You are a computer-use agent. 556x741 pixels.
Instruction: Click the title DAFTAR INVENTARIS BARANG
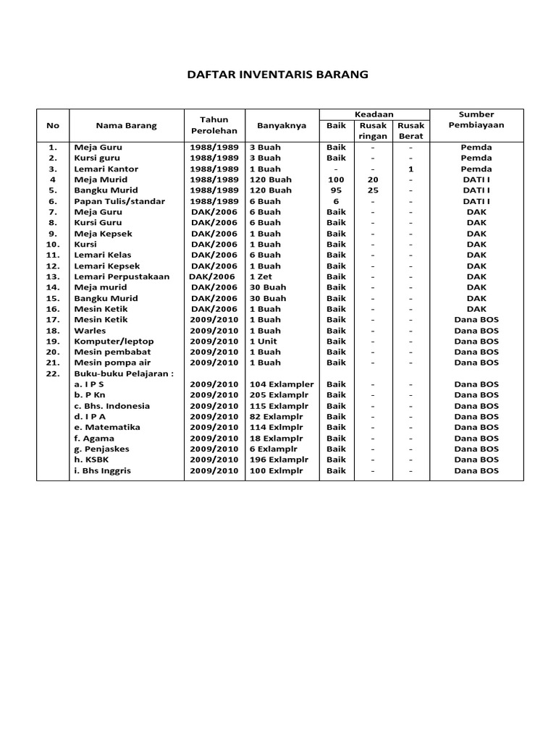(x=278, y=75)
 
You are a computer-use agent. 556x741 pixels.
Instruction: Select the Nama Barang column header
(x=126, y=125)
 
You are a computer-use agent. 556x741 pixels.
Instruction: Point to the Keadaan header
(x=374, y=114)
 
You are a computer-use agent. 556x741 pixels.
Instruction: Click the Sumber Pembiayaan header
(x=476, y=119)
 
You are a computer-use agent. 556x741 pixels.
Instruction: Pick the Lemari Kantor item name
(x=106, y=169)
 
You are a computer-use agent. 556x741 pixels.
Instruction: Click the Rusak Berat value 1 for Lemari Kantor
(x=410, y=169)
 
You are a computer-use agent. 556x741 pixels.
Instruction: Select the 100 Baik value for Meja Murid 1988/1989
(x=336, y=179)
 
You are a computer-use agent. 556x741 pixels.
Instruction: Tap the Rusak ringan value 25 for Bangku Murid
(x=373, y=190)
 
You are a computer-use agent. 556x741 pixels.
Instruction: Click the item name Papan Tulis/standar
(x=119, y=201)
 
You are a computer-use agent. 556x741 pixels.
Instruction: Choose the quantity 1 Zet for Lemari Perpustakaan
(x=262, y=276)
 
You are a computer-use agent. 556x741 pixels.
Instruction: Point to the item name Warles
(x=90, y=331)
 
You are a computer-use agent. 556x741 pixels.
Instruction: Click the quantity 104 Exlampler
(x=282, y=384)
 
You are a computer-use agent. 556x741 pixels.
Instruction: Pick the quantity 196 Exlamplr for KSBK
(x=279, y=460)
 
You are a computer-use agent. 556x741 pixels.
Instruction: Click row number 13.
(x=53, y=276)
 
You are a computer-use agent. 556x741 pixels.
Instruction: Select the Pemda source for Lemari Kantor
(x=476, y=169)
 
